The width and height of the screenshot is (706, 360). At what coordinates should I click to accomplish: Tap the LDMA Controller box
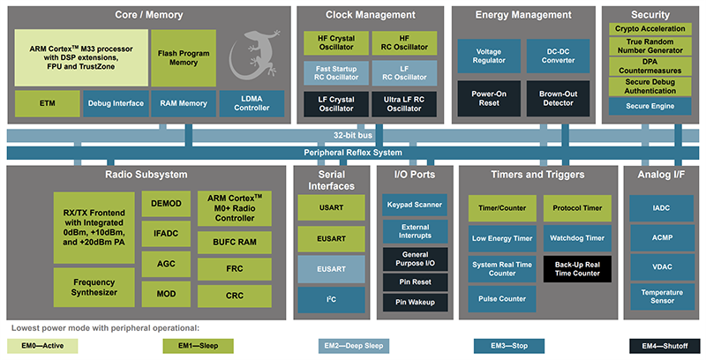252,103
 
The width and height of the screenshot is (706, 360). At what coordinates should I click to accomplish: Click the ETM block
47,103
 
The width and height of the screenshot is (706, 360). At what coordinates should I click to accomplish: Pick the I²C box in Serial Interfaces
330,300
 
